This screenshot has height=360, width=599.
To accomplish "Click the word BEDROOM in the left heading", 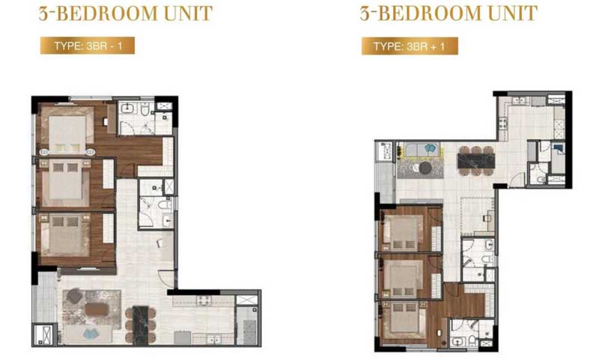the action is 107,13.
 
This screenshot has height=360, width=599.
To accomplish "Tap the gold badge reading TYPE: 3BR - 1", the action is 88,46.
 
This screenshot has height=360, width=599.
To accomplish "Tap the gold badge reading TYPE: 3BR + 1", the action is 410,46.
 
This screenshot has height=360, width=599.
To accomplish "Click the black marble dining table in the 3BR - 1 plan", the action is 140,326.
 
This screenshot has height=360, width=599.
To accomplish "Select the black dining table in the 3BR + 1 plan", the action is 476,161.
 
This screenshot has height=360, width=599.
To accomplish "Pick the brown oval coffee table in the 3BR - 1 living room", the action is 97,309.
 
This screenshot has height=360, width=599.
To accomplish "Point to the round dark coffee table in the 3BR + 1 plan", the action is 425,168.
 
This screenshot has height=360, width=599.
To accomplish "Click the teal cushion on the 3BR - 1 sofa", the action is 91,335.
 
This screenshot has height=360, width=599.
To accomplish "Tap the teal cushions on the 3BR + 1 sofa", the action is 430,147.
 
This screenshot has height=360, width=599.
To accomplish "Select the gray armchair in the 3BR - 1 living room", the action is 74,296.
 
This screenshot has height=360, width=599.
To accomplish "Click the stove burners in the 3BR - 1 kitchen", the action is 204,300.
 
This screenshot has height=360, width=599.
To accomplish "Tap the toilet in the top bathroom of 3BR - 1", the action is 145,109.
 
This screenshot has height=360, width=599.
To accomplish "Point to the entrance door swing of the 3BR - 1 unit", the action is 166,278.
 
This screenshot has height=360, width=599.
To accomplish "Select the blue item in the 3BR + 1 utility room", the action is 559,148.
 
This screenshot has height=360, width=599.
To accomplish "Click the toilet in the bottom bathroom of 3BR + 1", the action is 473,340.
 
